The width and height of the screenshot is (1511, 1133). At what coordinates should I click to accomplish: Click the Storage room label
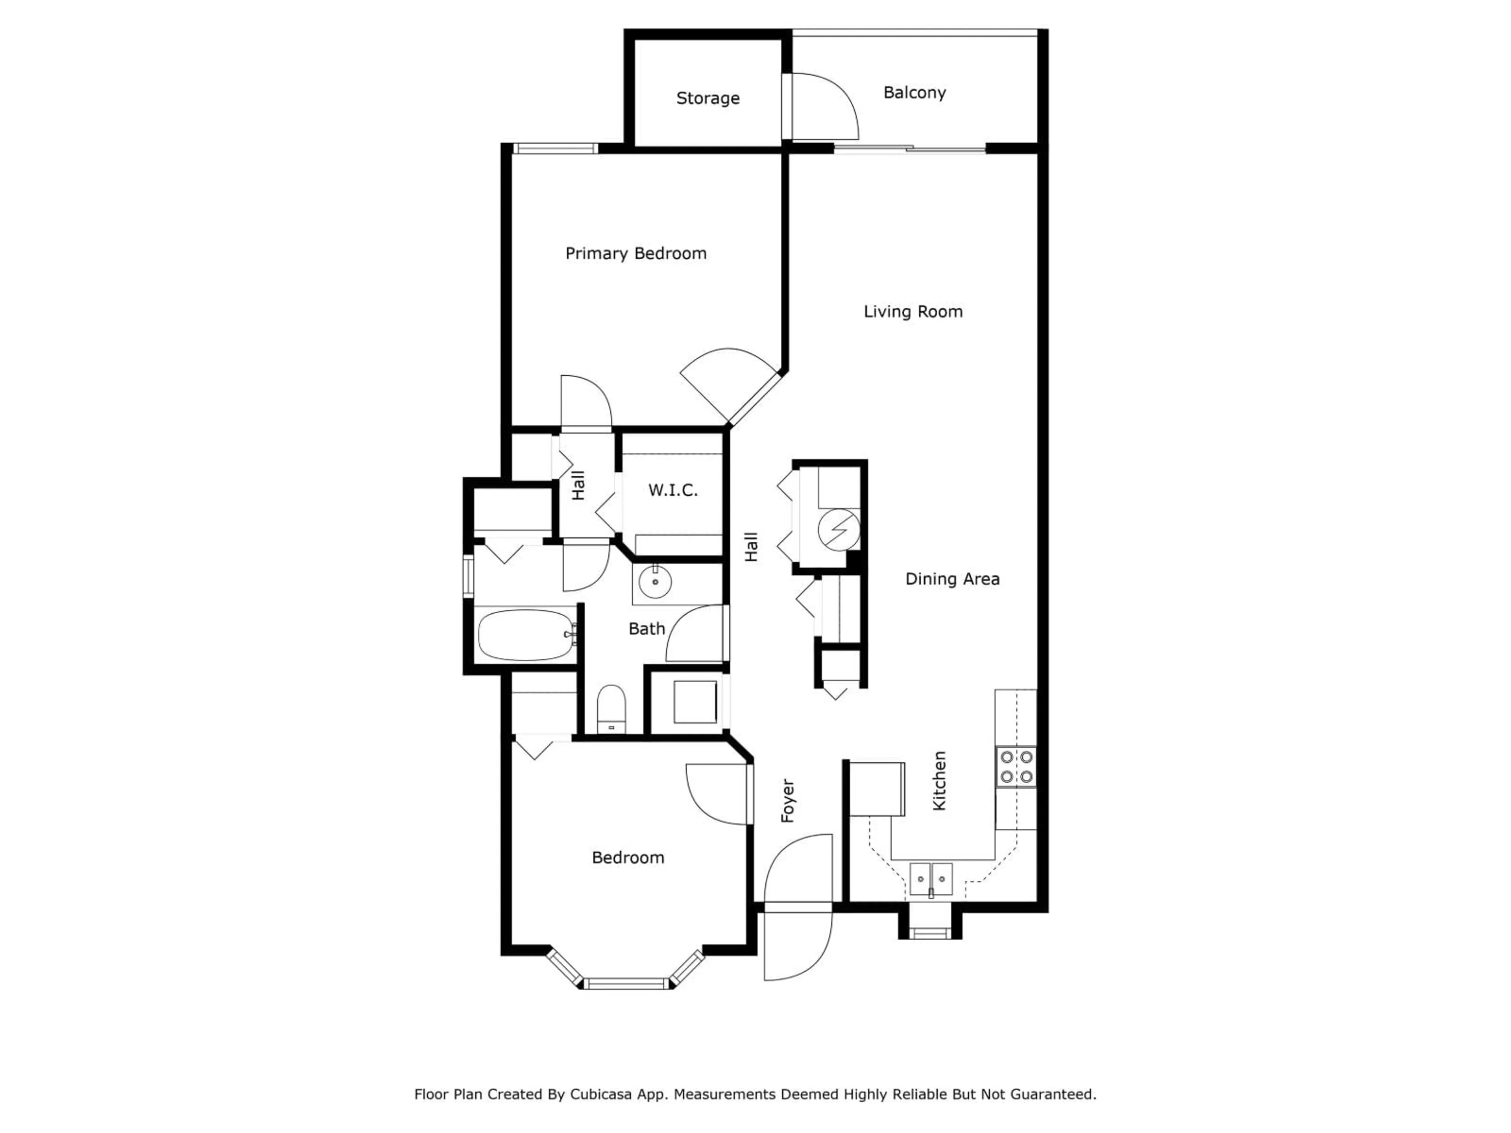coord(707,98)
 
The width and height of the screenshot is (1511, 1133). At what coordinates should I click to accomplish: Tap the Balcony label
coord(914,93)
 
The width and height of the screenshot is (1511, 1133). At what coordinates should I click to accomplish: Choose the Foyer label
coord(788,801)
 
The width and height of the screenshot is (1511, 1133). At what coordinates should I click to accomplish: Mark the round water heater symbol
coord(839,529)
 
